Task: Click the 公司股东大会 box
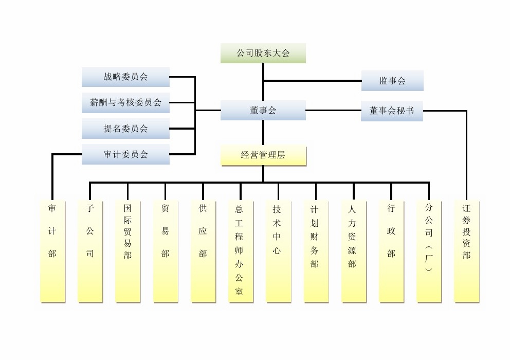coord(263,53)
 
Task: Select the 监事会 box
coord(392,81)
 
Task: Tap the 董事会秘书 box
coord(392,111)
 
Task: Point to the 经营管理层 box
coord(263,155)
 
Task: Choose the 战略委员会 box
coord(125,77)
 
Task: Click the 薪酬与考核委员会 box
coord(125,103)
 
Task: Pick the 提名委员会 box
coord(125,129)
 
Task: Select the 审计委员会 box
coord(125,154)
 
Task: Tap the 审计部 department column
coord(52,251)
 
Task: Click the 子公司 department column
coord(90,251)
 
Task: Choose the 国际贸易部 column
coord(128,251)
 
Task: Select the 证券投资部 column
coord(466,251)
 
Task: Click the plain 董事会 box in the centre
coord(263,110)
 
